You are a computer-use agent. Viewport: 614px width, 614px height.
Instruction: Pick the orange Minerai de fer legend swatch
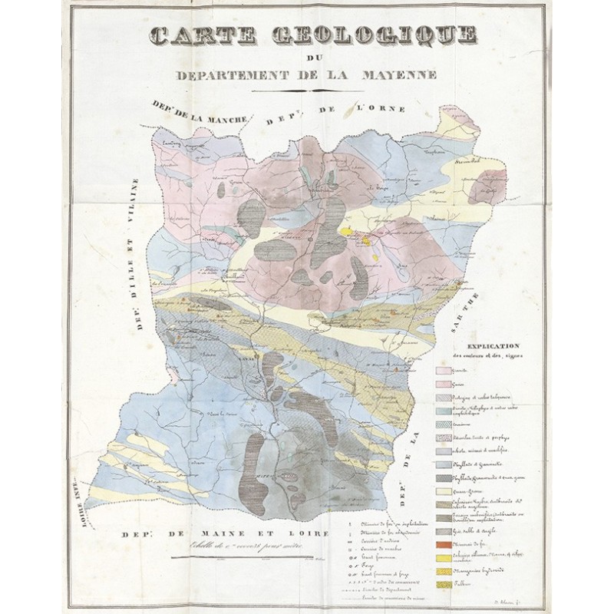click(447, 546)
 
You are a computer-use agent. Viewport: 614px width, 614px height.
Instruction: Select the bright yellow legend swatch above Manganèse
click(447, 573)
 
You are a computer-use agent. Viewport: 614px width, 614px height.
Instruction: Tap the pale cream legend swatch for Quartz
click(447, 490)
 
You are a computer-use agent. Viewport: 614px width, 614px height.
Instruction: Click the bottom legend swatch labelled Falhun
click(447, 586)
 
